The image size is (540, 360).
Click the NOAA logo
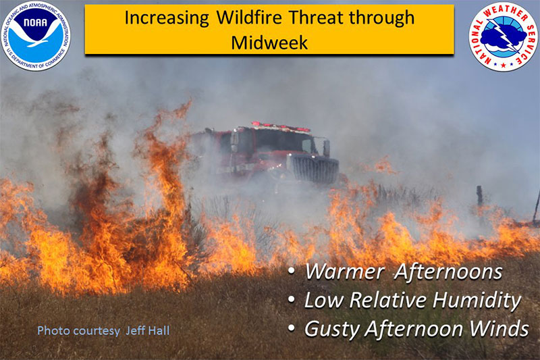point(36,36)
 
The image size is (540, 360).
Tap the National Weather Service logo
point(503,36)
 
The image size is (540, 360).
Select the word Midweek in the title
point(269,43)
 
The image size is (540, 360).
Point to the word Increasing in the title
point(167,18)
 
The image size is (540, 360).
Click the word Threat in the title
point(316,18)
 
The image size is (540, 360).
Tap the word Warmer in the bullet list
point(344,272)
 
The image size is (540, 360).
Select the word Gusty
point(331,329)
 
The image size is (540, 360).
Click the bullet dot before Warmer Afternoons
point(292,271)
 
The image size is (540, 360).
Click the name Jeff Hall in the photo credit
point(148,331)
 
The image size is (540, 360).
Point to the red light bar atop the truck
point(281,126)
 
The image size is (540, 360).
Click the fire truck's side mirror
point(326,147)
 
